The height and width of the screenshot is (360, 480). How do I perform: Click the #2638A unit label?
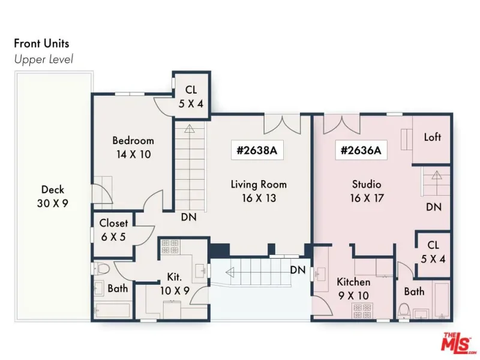(x=257, y=151)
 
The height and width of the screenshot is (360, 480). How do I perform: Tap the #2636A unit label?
(x=361, y=151)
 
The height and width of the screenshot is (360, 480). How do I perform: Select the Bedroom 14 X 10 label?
(x=133, y=147)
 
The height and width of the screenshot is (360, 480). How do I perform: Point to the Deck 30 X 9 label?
(x=53, y=196)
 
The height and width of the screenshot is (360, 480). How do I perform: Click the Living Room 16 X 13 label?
(x=259, y=191)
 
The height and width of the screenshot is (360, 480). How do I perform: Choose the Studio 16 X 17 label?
(x=367, y=191)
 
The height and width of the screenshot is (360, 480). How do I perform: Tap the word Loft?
(x=432, y=137)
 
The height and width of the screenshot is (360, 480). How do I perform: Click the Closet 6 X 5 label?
(x=113, y=230)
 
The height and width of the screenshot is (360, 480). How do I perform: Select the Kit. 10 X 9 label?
(x=175, y=284)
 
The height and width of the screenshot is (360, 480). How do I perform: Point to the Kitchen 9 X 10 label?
(x=353, y=289)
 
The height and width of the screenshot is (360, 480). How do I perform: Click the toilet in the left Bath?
(x=102, y=269)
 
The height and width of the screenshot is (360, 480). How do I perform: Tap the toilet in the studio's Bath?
(x=404, y=311)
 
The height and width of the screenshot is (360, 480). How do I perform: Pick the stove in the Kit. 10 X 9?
(x=170, y=247)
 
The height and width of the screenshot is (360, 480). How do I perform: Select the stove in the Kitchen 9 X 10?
(x=362, y=311)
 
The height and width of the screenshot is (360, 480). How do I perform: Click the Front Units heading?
(x=41, y=43)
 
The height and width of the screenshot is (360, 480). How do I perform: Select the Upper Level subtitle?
(x=43, y=59)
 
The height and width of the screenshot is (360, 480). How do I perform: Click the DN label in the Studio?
(x=434, y=207)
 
